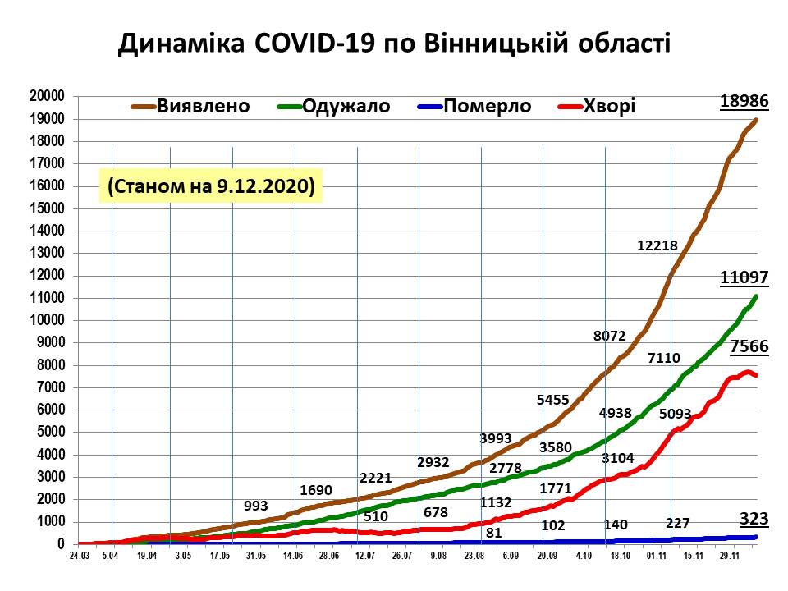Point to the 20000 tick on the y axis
pos(46,96)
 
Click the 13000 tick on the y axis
pos(46,253)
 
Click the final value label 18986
pos(744,102)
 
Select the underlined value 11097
pos(744,278)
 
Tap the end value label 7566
pos(749,346)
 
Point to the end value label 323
pos(754,519)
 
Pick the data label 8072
pos(610,336)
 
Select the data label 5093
pos(676,415)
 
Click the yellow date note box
pos(211,186)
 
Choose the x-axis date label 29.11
pos(730,557)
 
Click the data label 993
pos(257,505)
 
